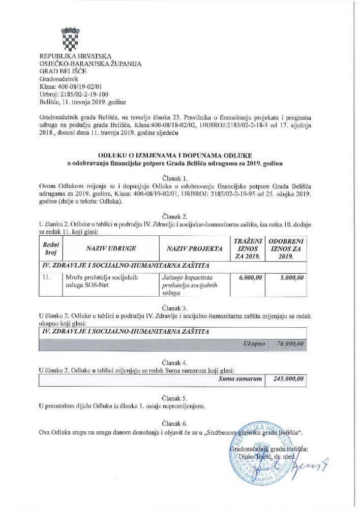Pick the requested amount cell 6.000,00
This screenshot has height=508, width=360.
[x=246, y=278]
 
